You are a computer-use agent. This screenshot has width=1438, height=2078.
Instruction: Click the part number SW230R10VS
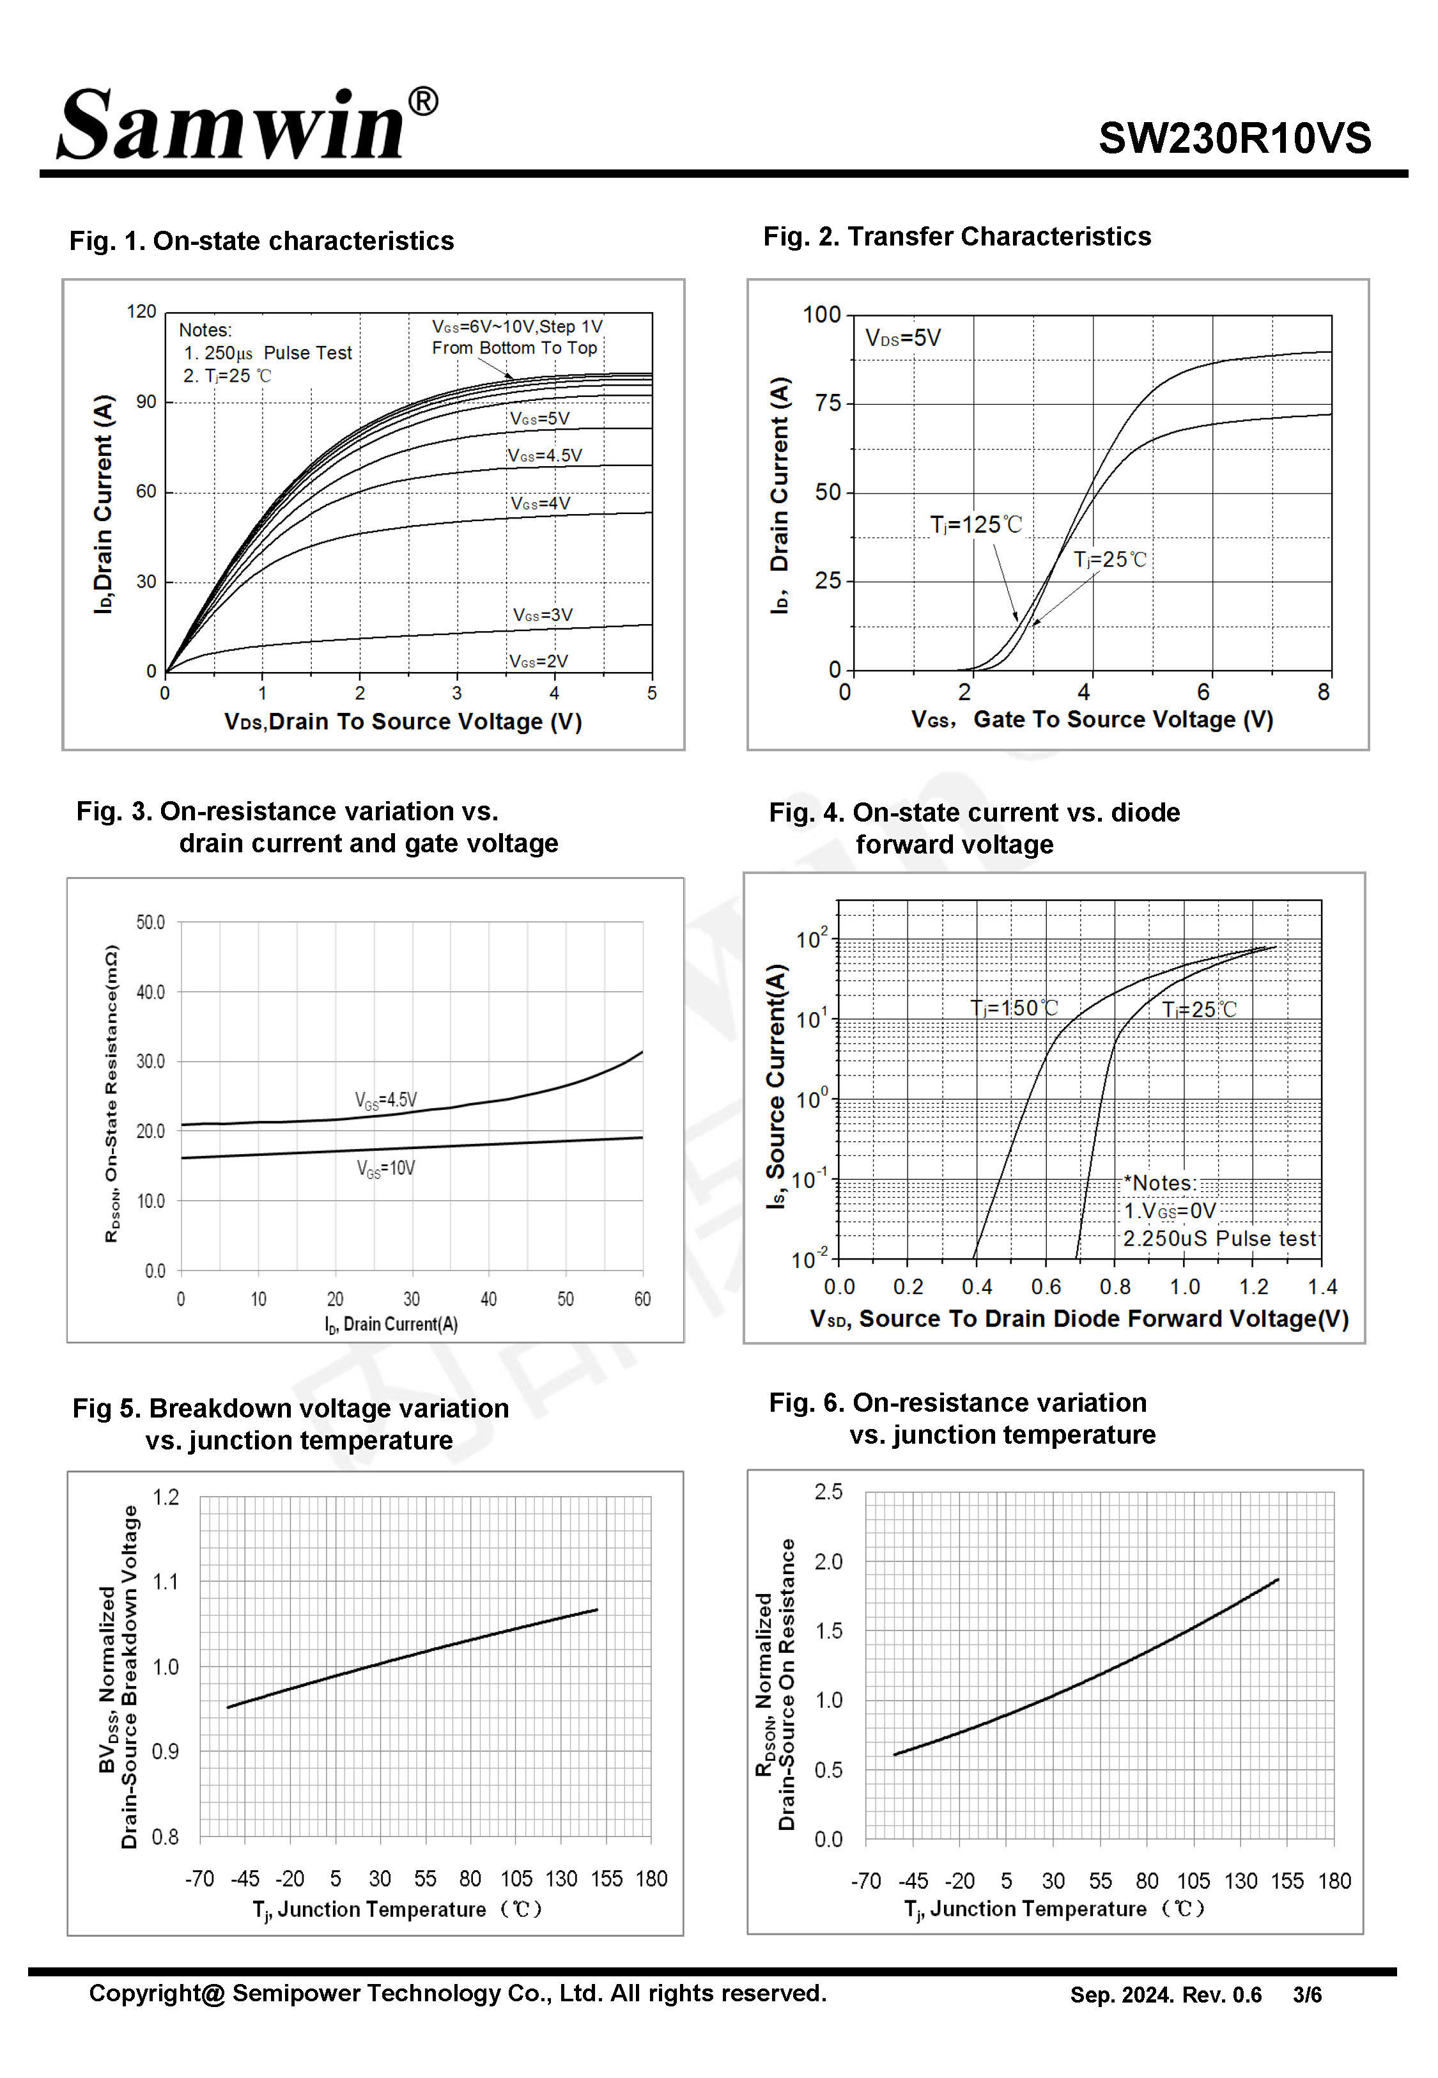coord(1233,139)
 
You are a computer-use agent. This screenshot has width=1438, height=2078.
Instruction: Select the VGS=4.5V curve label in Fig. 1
coord(545,456)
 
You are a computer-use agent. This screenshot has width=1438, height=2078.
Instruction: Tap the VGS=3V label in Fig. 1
coord(543,616)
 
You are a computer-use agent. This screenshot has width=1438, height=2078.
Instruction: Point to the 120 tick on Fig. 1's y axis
coord(141,312)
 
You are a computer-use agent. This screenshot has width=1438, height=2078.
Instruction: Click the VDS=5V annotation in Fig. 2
coord(903,339)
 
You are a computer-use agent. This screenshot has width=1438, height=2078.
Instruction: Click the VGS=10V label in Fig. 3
coord(385,1169)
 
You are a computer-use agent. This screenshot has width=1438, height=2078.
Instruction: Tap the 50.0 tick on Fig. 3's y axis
coord(150,923)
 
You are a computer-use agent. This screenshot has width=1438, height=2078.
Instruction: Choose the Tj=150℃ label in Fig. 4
coord(1014,1008)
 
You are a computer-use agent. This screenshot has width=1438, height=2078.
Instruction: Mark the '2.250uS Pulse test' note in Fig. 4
coord(1219,1239)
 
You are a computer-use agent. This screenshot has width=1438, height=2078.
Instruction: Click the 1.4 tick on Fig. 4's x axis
coord(1322,1288)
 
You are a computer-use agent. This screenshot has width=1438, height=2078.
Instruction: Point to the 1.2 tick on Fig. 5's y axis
coord(166,1497)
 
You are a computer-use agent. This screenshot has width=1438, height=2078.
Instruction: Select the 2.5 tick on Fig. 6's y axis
coord(828,1492)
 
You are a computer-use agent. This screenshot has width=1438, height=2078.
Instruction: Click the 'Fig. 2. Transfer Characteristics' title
coord(957,237)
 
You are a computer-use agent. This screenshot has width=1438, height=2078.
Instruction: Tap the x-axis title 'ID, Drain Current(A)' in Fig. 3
coord(391,1325)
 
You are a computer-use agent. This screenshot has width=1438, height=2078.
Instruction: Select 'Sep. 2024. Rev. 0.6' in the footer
coord(1165,1995)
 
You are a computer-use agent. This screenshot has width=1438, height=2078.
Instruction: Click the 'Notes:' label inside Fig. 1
coord(205,331)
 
